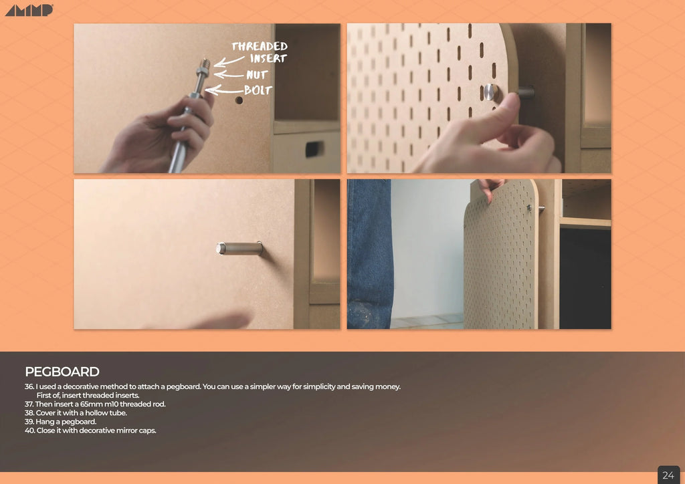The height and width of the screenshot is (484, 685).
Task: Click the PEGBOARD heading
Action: tap(62, 372)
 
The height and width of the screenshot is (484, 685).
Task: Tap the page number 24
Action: tap(668, 475)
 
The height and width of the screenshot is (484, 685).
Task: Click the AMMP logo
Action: tap(29, 10)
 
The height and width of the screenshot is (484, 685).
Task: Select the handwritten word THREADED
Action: tap(260, 46)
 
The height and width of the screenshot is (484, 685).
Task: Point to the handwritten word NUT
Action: tap(257, 75)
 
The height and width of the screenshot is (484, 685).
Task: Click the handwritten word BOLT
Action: tap(258, 90)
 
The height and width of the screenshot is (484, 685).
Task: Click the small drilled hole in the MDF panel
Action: tap(239, 100)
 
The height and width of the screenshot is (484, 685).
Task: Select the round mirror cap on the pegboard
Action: tap(490, 92)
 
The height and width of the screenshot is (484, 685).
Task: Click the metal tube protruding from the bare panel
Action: tap(239, 248)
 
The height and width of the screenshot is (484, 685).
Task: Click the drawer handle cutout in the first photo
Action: tap(314, 148)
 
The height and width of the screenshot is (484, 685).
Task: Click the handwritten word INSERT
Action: tap(268, 59)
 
